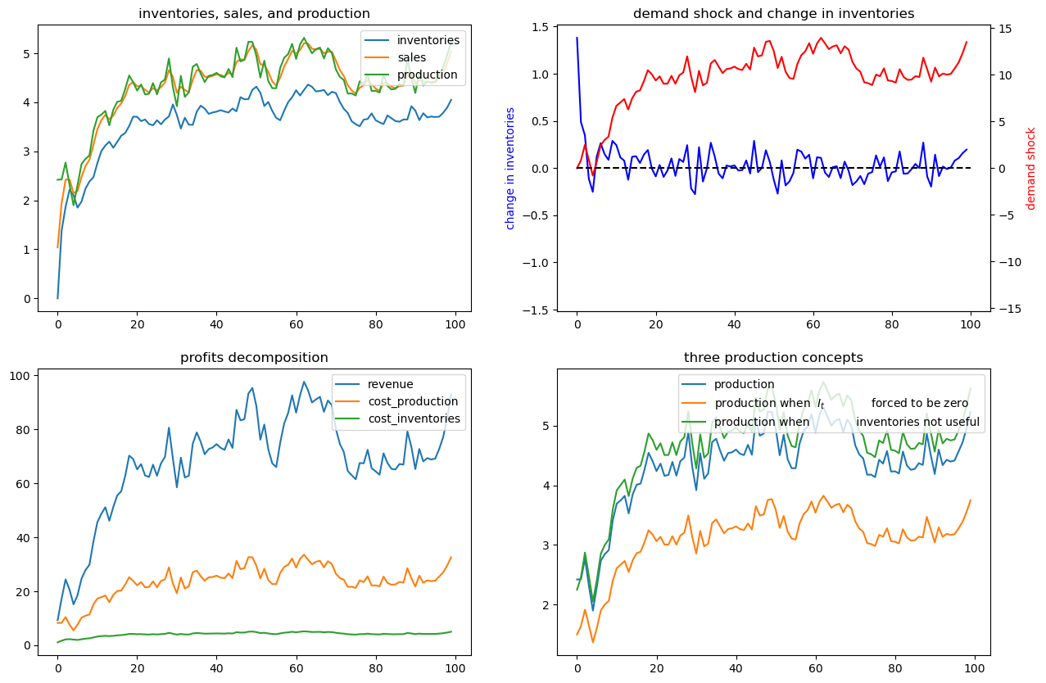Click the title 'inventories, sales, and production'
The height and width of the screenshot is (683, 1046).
254,14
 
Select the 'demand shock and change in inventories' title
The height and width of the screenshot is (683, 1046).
773,14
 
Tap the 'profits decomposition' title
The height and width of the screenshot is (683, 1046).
254,358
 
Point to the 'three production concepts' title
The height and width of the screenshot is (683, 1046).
773,358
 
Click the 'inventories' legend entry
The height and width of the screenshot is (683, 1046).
428,40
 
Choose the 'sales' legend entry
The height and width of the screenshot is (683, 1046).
411,57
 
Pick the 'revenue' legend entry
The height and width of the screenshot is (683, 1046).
391,384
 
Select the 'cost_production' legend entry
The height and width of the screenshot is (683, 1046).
413,401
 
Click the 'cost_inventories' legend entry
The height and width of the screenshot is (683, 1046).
414,418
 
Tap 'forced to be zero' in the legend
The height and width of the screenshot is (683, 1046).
920,403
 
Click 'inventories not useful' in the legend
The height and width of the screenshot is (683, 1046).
917,422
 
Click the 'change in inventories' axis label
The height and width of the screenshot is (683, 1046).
509,169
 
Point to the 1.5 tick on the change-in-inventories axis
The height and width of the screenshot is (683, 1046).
541,27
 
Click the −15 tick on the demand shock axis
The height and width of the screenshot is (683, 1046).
1003,309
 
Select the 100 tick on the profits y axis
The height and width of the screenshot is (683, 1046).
20,376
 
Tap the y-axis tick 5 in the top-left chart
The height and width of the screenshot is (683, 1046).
27,54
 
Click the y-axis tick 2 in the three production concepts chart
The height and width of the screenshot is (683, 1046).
546,605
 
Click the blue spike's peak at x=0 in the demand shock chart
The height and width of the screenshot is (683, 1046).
577,38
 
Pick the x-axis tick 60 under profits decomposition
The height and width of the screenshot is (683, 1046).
296,668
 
